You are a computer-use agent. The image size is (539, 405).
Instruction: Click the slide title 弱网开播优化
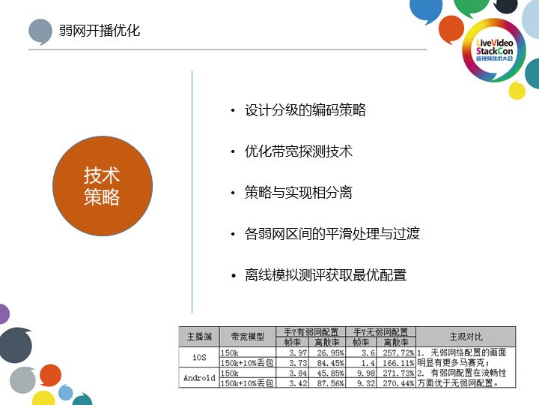pyautogui.click(x=100, y=31)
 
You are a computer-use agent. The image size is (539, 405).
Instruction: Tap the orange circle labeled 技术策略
pyautogui.click(x=102, y=187)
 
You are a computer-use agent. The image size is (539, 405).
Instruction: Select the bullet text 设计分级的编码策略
pyautogui.click(x=305, y=110)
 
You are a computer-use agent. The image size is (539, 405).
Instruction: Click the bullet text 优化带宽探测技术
pyautogui.click(x=299, y=151)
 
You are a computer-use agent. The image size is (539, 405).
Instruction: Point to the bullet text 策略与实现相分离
pyautogui.click(x=299, y=193)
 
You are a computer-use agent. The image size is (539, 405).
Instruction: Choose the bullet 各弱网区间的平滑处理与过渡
pyautogui.click(x=332, y=234)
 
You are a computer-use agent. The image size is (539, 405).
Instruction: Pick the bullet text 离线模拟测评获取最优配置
pyautogui.click(x=326, y=275)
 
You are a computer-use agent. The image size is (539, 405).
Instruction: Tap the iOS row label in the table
pyautogui.click(x=199, y=357)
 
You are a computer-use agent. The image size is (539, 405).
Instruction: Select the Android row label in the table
pyautogui.click(x=199, y=378)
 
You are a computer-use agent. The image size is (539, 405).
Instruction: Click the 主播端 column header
pyautogui.click(x=199, y=337)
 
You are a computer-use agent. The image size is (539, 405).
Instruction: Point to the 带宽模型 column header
pyautogui.click(x=248, y=337)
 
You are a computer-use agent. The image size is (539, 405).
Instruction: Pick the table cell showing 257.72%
pyautogui.click(x=398, y=352)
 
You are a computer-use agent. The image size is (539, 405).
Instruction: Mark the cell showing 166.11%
pyautogui.click(x=398, y=362)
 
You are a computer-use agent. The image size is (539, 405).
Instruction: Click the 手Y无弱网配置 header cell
pyautogui.click(x=382, y=331)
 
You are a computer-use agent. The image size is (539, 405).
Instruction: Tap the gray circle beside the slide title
pyautogui.click(x=40, y=31)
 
